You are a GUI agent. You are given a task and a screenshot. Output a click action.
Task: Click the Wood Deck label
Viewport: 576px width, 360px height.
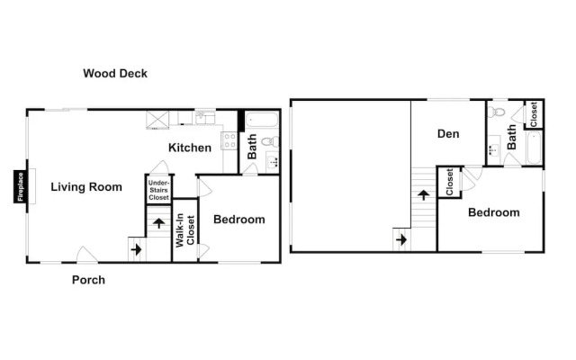click(x=115, y=74)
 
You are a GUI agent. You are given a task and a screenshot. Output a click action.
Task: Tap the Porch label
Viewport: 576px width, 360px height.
click(x=88, y=280)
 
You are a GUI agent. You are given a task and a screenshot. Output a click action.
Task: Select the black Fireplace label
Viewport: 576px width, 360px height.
click(x=20, y=186)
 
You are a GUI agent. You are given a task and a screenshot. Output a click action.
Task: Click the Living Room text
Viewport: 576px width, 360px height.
click(x=86, y=187)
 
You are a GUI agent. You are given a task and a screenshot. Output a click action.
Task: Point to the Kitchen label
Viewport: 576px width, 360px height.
click(x=190, y=148)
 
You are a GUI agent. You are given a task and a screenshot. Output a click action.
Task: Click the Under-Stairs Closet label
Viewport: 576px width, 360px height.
click(x=158, y=190)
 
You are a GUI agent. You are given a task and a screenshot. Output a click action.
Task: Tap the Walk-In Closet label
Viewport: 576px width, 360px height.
click(x=184, y=230)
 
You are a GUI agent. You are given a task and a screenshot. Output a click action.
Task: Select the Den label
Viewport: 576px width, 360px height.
click(x=448, y=134)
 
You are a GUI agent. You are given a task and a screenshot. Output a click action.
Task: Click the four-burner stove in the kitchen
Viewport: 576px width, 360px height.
click(x=229, y=140)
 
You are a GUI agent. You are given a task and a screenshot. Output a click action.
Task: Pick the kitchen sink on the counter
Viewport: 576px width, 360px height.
click(x=205, y=118)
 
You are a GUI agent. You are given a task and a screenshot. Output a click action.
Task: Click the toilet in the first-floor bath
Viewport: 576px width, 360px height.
click(x=271, y=141)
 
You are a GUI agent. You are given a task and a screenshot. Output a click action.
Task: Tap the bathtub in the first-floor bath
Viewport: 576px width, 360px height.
click(x=262, y=121)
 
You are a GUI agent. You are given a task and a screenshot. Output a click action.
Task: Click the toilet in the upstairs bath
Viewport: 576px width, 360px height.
click(x=496, y=112)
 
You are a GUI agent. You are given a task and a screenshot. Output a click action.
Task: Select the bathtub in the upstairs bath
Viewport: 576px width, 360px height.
click(x=534, y=148)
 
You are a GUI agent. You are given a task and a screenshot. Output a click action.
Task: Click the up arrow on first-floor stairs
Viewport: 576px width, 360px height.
click(x=158, y=223)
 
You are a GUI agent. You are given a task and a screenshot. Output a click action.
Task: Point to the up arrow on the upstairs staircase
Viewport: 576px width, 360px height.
click(x=424, y=195)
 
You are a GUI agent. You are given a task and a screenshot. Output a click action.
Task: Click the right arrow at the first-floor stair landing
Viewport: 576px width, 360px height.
click(x=136, y=250)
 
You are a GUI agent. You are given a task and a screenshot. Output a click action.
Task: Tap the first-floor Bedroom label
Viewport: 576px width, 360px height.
click(x=239, y=220)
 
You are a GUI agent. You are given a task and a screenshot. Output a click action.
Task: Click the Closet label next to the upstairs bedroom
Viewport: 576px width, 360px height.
click(x=449, y=182)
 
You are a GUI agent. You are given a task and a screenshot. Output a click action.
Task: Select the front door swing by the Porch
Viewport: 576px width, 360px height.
click(x=87, y=254)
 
